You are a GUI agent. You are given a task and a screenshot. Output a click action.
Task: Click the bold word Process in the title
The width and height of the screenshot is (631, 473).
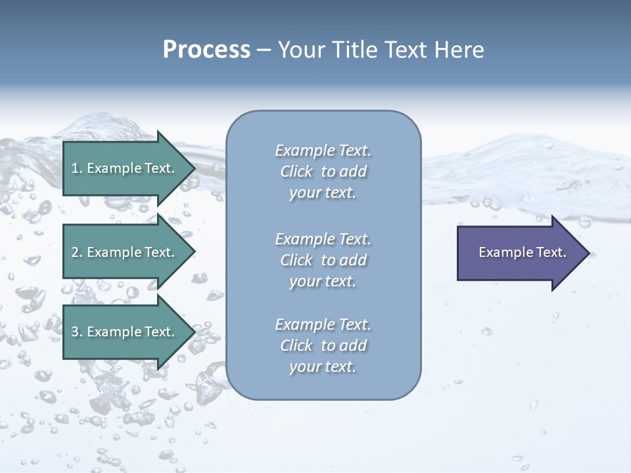click(x=206, y=50)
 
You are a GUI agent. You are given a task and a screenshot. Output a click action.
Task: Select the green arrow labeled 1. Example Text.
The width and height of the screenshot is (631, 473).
click(x=124, y=168)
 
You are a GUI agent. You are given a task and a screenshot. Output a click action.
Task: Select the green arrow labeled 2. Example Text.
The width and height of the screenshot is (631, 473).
click(x=124, y=252)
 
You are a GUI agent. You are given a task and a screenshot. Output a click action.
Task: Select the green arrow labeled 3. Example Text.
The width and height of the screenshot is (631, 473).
click(x=124, y=332)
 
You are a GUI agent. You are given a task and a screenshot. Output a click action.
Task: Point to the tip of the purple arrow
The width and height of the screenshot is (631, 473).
click(x=588, y=253)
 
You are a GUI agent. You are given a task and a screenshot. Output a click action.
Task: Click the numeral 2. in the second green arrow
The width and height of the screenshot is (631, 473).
click(x=76, y=252)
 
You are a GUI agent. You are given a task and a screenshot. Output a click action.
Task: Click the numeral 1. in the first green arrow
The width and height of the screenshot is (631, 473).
click(x=76, y=168)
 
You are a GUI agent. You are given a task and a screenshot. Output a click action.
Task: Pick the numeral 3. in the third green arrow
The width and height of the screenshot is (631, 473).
click(x=76, y=332)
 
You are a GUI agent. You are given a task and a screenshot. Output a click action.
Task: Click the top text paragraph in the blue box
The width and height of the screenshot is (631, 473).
click(x=323, y=171)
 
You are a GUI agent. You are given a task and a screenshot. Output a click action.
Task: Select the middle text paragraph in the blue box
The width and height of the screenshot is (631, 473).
click(x=323, y=259)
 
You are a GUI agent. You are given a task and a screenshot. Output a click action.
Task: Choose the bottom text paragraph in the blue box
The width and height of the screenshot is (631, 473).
click(x=323, y=346)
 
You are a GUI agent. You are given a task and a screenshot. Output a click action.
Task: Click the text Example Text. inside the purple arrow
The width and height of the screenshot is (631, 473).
click(x=522, y=252)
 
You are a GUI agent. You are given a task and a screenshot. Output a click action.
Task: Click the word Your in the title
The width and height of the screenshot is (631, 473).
click(x=300, y=50)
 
